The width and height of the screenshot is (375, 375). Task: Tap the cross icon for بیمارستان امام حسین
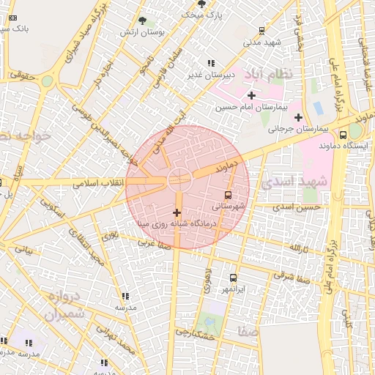(x=251, y=95)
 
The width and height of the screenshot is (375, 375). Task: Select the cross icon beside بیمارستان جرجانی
(x=297, y=118)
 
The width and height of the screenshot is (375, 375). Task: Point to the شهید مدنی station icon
(x=262, y=31)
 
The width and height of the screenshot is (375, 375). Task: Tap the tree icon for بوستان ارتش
(x=142, y=21)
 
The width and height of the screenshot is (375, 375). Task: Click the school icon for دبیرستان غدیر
(x=212, y=63)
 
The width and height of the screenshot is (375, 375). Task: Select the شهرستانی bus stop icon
(x=229, y=196)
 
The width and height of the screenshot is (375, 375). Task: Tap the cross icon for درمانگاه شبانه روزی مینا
(x=176, y=212)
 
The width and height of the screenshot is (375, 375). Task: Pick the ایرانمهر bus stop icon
(x=234, y=278)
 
